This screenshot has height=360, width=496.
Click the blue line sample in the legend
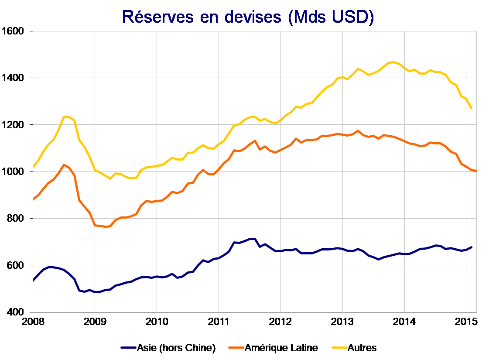129,348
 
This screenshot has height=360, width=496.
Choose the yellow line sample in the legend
341,348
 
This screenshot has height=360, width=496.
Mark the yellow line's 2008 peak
65,117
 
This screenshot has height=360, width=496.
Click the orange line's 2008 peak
64,165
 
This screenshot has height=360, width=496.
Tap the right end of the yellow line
472,108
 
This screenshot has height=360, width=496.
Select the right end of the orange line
476,171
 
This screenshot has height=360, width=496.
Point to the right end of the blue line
472,247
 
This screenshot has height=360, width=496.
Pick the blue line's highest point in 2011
252,239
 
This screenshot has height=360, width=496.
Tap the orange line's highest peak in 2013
358,130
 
